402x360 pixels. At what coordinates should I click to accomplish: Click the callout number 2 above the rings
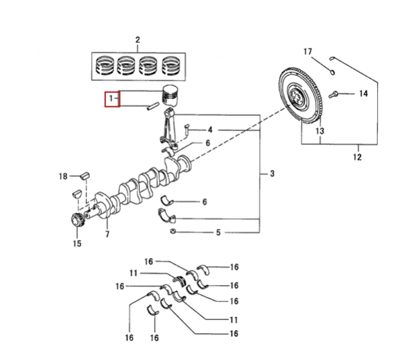(138, 40)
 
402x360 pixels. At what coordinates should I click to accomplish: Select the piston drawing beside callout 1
(170, 95)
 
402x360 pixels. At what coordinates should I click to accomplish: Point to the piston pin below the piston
(152, 106)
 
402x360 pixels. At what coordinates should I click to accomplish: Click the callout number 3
(272, 173)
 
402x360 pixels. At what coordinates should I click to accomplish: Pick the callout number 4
(210, 130)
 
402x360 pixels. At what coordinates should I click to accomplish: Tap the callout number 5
(218, 233)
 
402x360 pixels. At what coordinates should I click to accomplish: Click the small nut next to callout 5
(173, 231)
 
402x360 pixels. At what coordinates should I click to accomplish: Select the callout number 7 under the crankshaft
(107, 234)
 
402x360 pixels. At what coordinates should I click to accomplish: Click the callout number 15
(77, 243)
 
